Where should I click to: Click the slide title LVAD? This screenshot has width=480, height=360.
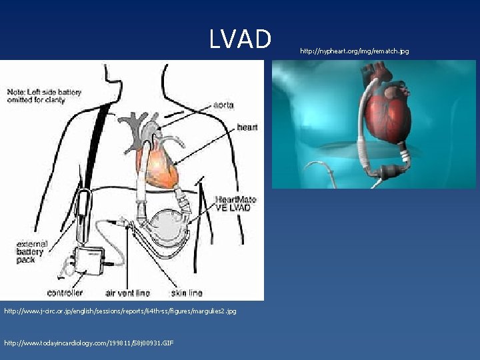pos(240,39)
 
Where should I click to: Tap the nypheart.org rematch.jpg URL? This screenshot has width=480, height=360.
pos(355,51)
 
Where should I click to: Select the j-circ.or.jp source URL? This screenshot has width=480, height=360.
pos(120,311)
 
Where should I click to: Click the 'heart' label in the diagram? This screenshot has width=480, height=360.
pos(247,127)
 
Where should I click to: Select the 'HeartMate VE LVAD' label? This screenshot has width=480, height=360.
pos(233,203)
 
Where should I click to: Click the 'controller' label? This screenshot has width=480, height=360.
pos(65,293)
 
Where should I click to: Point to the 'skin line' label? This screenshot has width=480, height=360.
pos(187,293)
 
